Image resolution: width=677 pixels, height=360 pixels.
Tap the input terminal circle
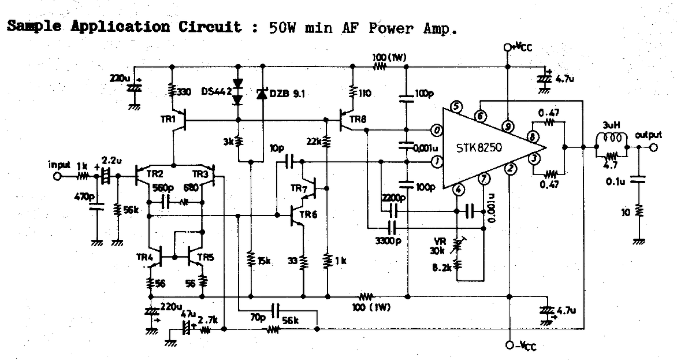pyautogui.click(x=57, y=176)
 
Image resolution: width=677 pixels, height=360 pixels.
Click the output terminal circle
pyautogui.click(x=653, y=147)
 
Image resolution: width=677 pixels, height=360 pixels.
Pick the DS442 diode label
pyautogui.click(x=216, y=91)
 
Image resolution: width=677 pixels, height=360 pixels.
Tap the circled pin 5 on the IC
pyautogui.click(x=456, y=106)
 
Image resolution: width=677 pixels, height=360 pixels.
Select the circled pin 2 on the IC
pyautogui.click(x=509, y=169)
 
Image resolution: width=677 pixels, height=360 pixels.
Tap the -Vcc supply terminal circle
pyautogui.click(x=508, y=345)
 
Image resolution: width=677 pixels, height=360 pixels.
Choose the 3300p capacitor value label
pyautogui.click(x=386, y=240)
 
